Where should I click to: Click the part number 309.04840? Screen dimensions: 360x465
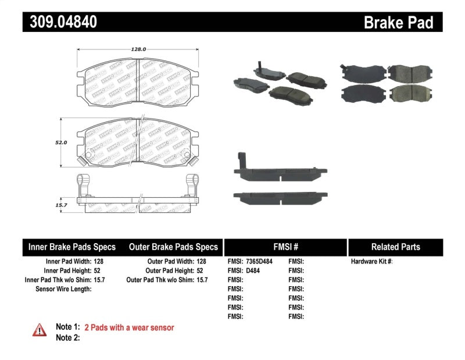pyautogui.click(x=60, y=23)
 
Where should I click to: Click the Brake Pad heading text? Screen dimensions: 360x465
pyautogui.click(x=398, y=23)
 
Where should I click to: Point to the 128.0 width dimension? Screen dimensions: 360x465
pyautogui.click(x=138, y=49)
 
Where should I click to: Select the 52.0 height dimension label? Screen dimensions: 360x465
pyautogui.click(x=62, y=142)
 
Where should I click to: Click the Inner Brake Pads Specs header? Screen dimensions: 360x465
pyautogui.click(x=72, y=247)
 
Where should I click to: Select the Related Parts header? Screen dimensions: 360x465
pyautogui.click(x=395, y=247)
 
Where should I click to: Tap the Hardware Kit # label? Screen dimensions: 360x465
pyautogui.click(x=371, y=262)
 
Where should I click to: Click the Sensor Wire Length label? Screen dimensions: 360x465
pyautogui.click(x=63, y=288)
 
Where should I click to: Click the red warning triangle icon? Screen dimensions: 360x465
pyautogui.click(x=40, y=329)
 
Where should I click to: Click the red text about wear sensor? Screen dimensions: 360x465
pyautogui.click(x=129, y=327)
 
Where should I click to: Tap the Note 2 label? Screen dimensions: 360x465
pyautogui.click(x=67, y=337)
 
